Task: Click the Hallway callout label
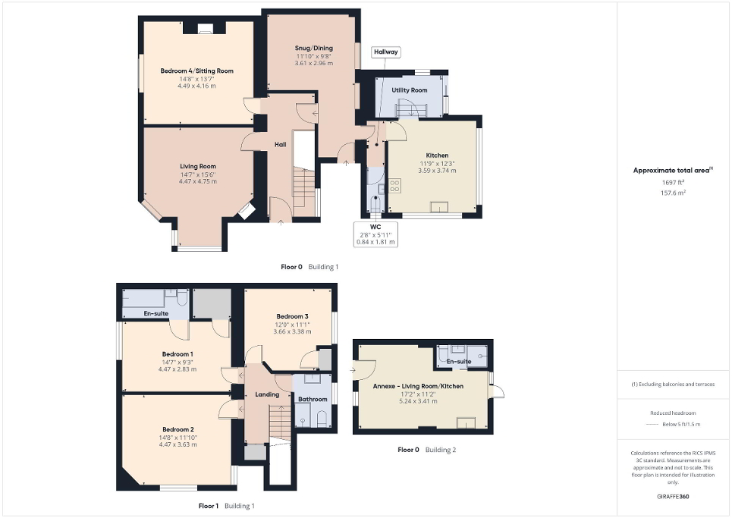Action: tap(386, 52)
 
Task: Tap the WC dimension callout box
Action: tap(375, 234)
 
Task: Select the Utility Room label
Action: tap(409, 90)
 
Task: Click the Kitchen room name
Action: tap(437, 155)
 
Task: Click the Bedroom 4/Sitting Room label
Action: tap(196, 71)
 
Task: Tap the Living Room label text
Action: tap(197, 166)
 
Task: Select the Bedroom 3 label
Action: tap(292, 316)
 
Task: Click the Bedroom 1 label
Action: tap(177, 353)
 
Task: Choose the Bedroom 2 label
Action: tap(177, 429)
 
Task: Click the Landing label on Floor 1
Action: tap(267, 394)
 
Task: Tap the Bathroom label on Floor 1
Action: tap(313, 399)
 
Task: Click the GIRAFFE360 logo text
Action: tap(674, 497)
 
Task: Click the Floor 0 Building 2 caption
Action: tap(427, 450)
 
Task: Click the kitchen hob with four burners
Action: tap(395, 184)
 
